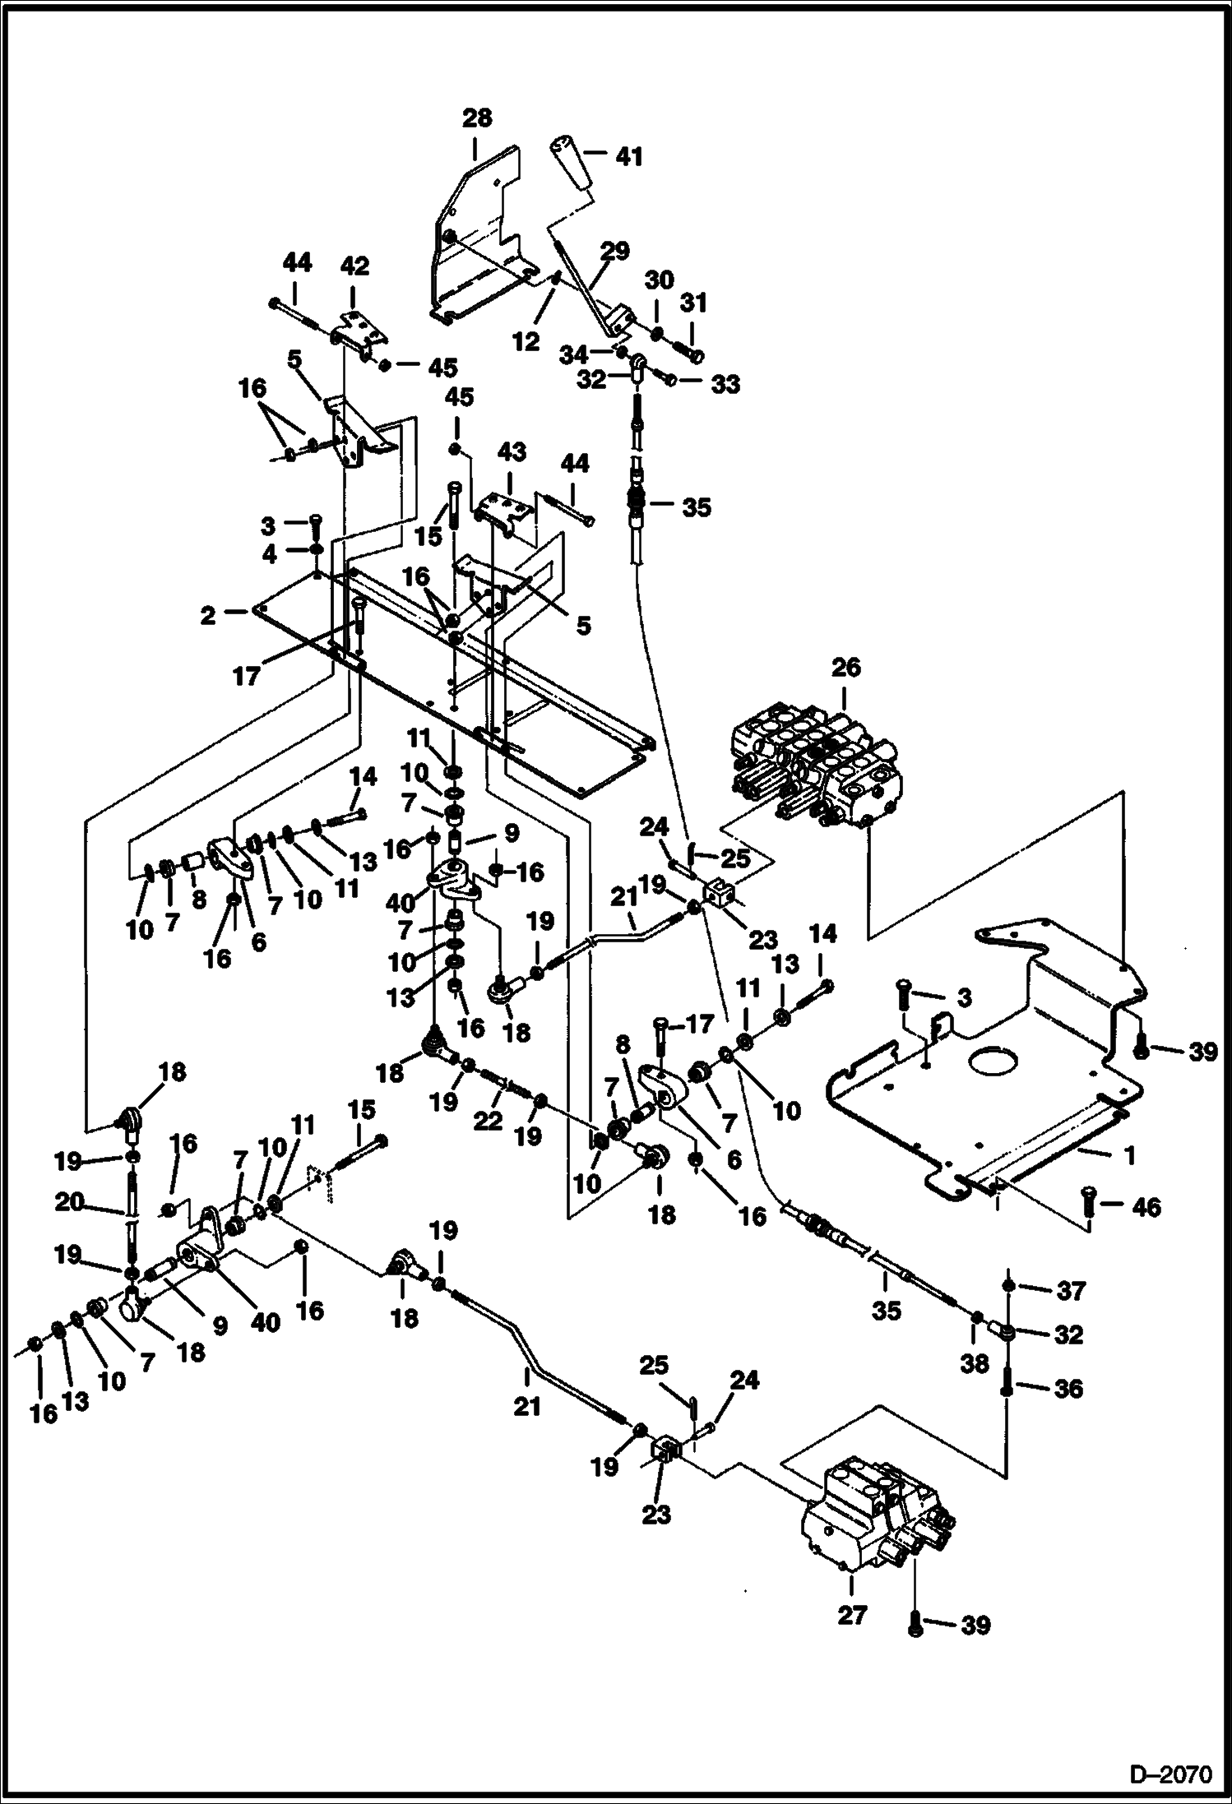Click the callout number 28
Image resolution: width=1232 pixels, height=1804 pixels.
click(x=477, y=118)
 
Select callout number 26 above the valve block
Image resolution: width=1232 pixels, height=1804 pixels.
click(x=845, y=667)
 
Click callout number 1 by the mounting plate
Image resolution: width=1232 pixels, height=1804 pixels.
click(x=1129, y=1155)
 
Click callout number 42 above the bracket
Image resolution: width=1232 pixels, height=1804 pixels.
click(x=354, y=266)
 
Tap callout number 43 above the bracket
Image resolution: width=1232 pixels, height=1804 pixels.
click(x=512, y=452)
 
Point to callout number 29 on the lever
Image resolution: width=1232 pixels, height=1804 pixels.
click(x=614, y=250)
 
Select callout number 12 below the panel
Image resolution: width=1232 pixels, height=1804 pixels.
click(x=526, y=341)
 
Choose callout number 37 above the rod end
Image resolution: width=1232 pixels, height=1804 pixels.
click(x=1071, y=1291)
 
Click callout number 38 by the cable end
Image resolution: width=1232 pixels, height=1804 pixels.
click(x=975, y=1364)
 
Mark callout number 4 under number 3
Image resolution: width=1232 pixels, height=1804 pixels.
click(x=269, y=554)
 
